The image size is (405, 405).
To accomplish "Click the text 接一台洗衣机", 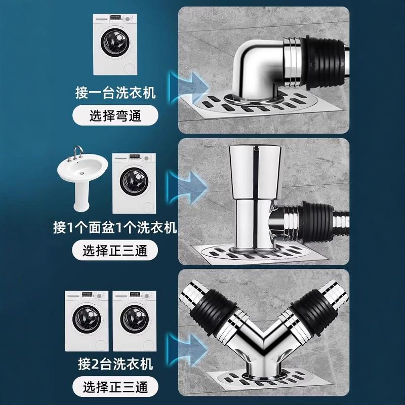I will coord(115,94).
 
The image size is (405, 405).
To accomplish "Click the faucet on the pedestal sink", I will coord(77,152).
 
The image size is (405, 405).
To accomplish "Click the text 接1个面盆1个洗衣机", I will coord(115,228).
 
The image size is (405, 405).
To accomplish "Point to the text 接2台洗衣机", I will coord(115,363).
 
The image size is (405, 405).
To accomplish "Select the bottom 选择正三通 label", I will coord(115,387).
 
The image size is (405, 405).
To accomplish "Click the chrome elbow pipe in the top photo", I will coord(258,66).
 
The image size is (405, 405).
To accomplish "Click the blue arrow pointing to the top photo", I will coord(190,84).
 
